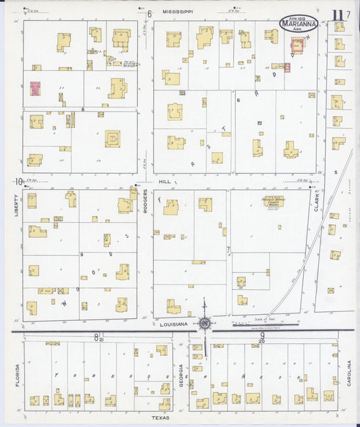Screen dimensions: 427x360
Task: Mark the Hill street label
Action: pos(165,181)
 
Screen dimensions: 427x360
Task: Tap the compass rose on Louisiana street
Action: pos(204,324)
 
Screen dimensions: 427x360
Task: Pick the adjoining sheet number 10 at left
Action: pos(18,181)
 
